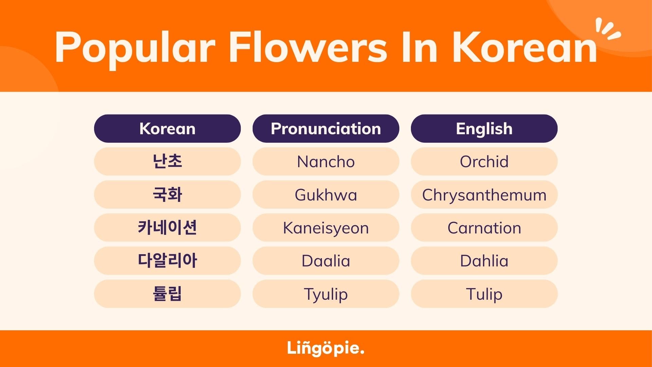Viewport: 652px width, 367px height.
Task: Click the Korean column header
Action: (167, 128)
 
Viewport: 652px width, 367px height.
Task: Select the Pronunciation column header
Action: (326, 128)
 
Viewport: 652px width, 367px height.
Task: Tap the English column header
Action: (484, 128)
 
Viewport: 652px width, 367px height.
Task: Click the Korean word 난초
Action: (167, 161)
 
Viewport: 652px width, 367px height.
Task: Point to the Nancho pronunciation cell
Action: (326, 161)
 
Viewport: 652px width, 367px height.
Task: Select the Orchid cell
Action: (484, 161)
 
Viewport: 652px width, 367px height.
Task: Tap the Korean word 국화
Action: (167, 194)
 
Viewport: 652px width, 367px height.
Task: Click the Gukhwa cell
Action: (326, 194)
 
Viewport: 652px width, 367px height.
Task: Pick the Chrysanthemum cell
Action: (484, 194)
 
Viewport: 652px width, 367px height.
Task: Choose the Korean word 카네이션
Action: (167, 227)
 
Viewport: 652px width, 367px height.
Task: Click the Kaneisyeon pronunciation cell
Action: (326, 227)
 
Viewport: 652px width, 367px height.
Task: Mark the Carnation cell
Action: (484, 227)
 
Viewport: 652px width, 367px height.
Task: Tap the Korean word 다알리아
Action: (167, 261)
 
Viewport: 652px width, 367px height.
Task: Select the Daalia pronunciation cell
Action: (326, 261)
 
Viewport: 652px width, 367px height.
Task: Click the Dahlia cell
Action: (484, 261)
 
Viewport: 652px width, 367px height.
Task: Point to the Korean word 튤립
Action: (167, 294)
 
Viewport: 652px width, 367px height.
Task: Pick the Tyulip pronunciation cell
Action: (326, 294)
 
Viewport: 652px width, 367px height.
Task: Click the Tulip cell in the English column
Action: (484, 294)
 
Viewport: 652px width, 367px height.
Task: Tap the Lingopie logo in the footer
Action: (325, 348)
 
